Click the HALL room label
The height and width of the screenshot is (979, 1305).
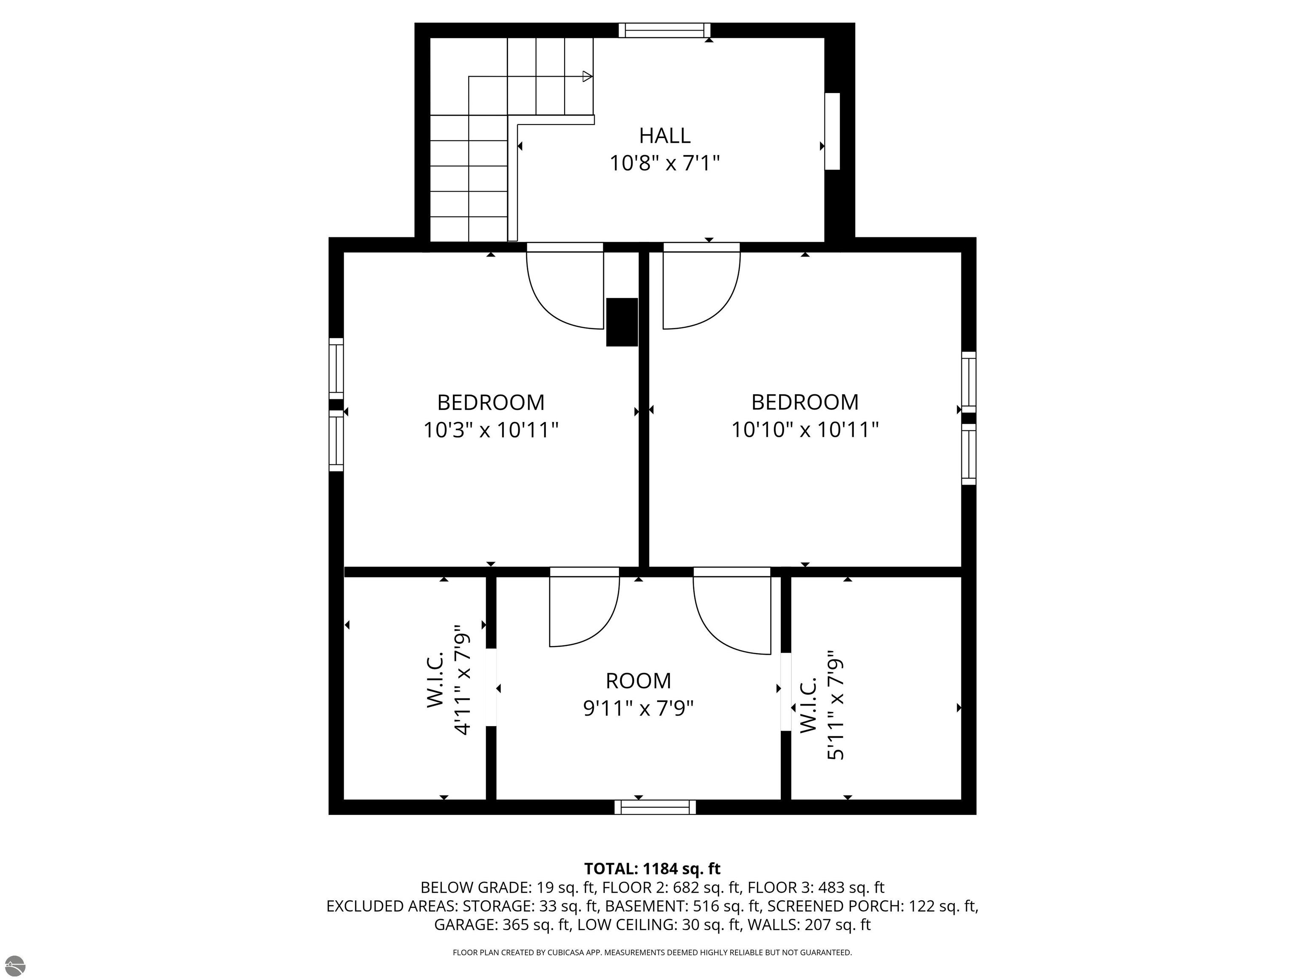(665, 136)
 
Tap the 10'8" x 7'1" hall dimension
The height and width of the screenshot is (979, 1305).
(665, 163)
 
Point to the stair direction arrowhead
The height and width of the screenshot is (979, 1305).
(588, 76)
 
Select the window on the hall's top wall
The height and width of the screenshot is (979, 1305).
(664, 30)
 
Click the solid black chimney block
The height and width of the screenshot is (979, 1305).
(622, 322)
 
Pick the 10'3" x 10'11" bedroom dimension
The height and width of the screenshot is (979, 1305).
(491, 430)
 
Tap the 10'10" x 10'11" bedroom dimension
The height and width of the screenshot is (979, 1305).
(805, 430)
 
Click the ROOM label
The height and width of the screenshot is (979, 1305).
(638, 681)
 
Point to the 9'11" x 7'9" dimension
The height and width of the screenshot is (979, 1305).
(638, 708)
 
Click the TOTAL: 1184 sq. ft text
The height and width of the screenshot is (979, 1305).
(652, 869)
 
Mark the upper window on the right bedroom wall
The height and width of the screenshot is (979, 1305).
(969, 382)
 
